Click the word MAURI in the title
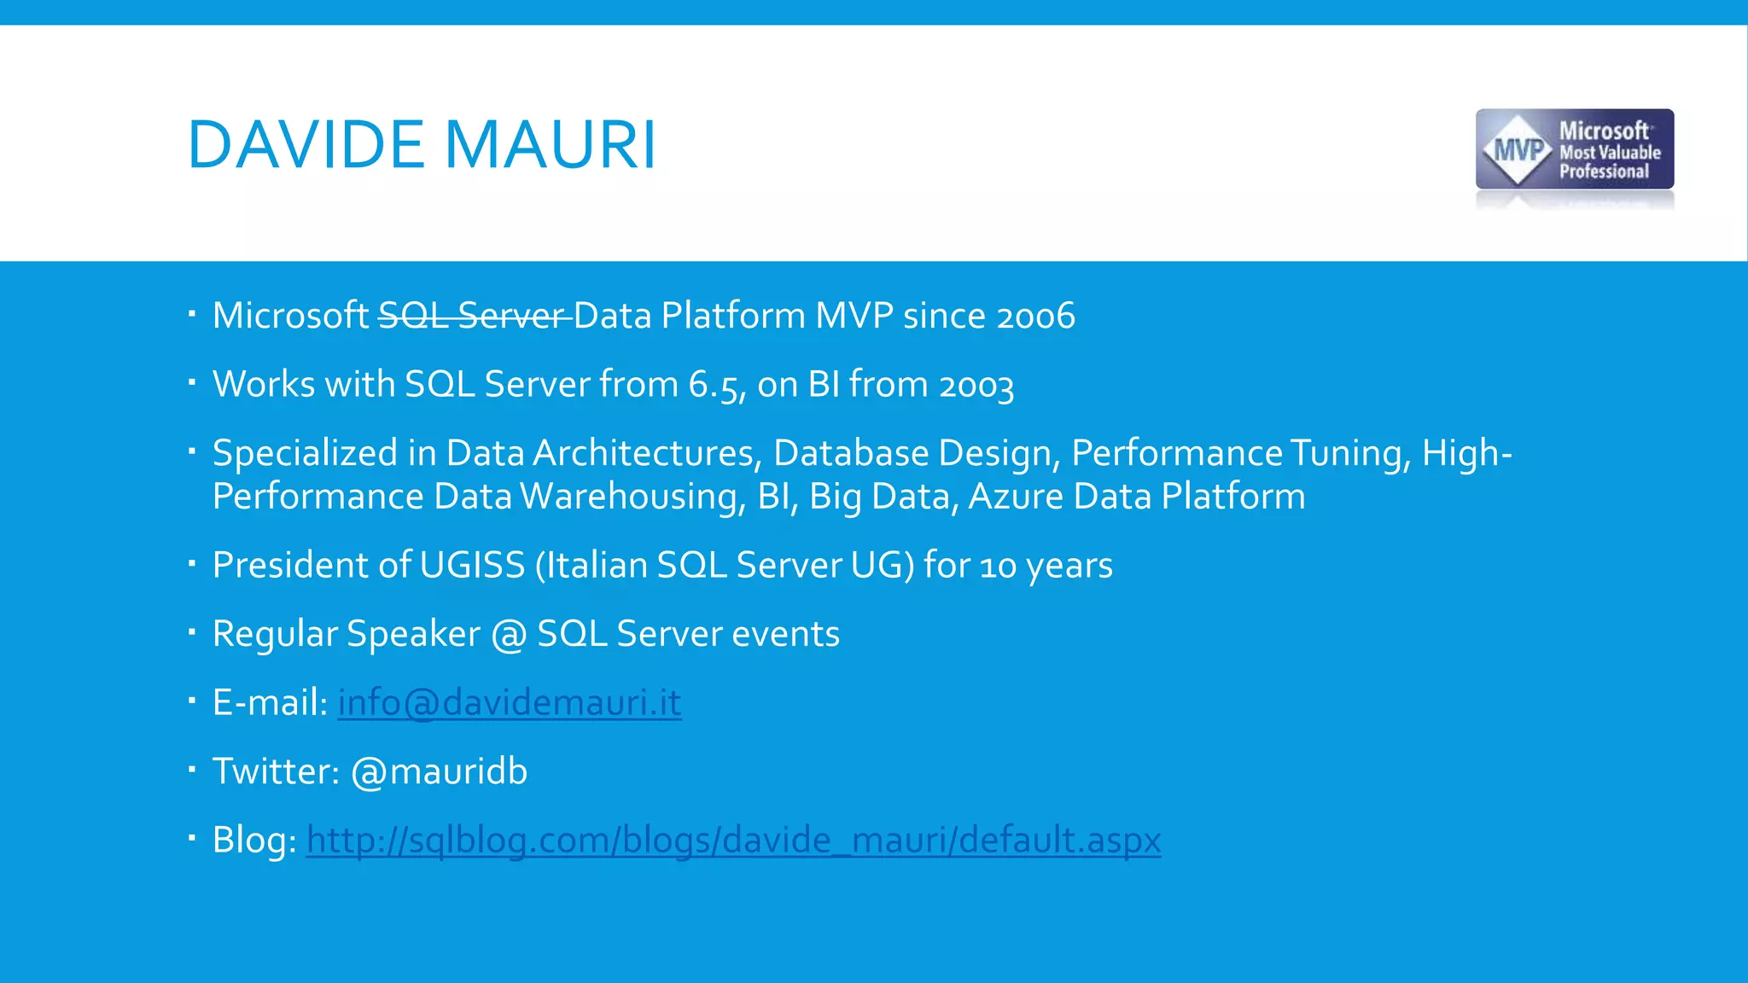(551, 145)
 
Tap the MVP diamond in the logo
(1520, 151)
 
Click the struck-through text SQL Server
(474, 316)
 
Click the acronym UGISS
(472, 565)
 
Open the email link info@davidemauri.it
(510, 702)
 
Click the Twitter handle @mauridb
(439, 771)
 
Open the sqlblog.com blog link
(733, 840)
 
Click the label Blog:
(253, 840)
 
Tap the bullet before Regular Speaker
(193, 632)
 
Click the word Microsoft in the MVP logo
(1604, 131)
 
